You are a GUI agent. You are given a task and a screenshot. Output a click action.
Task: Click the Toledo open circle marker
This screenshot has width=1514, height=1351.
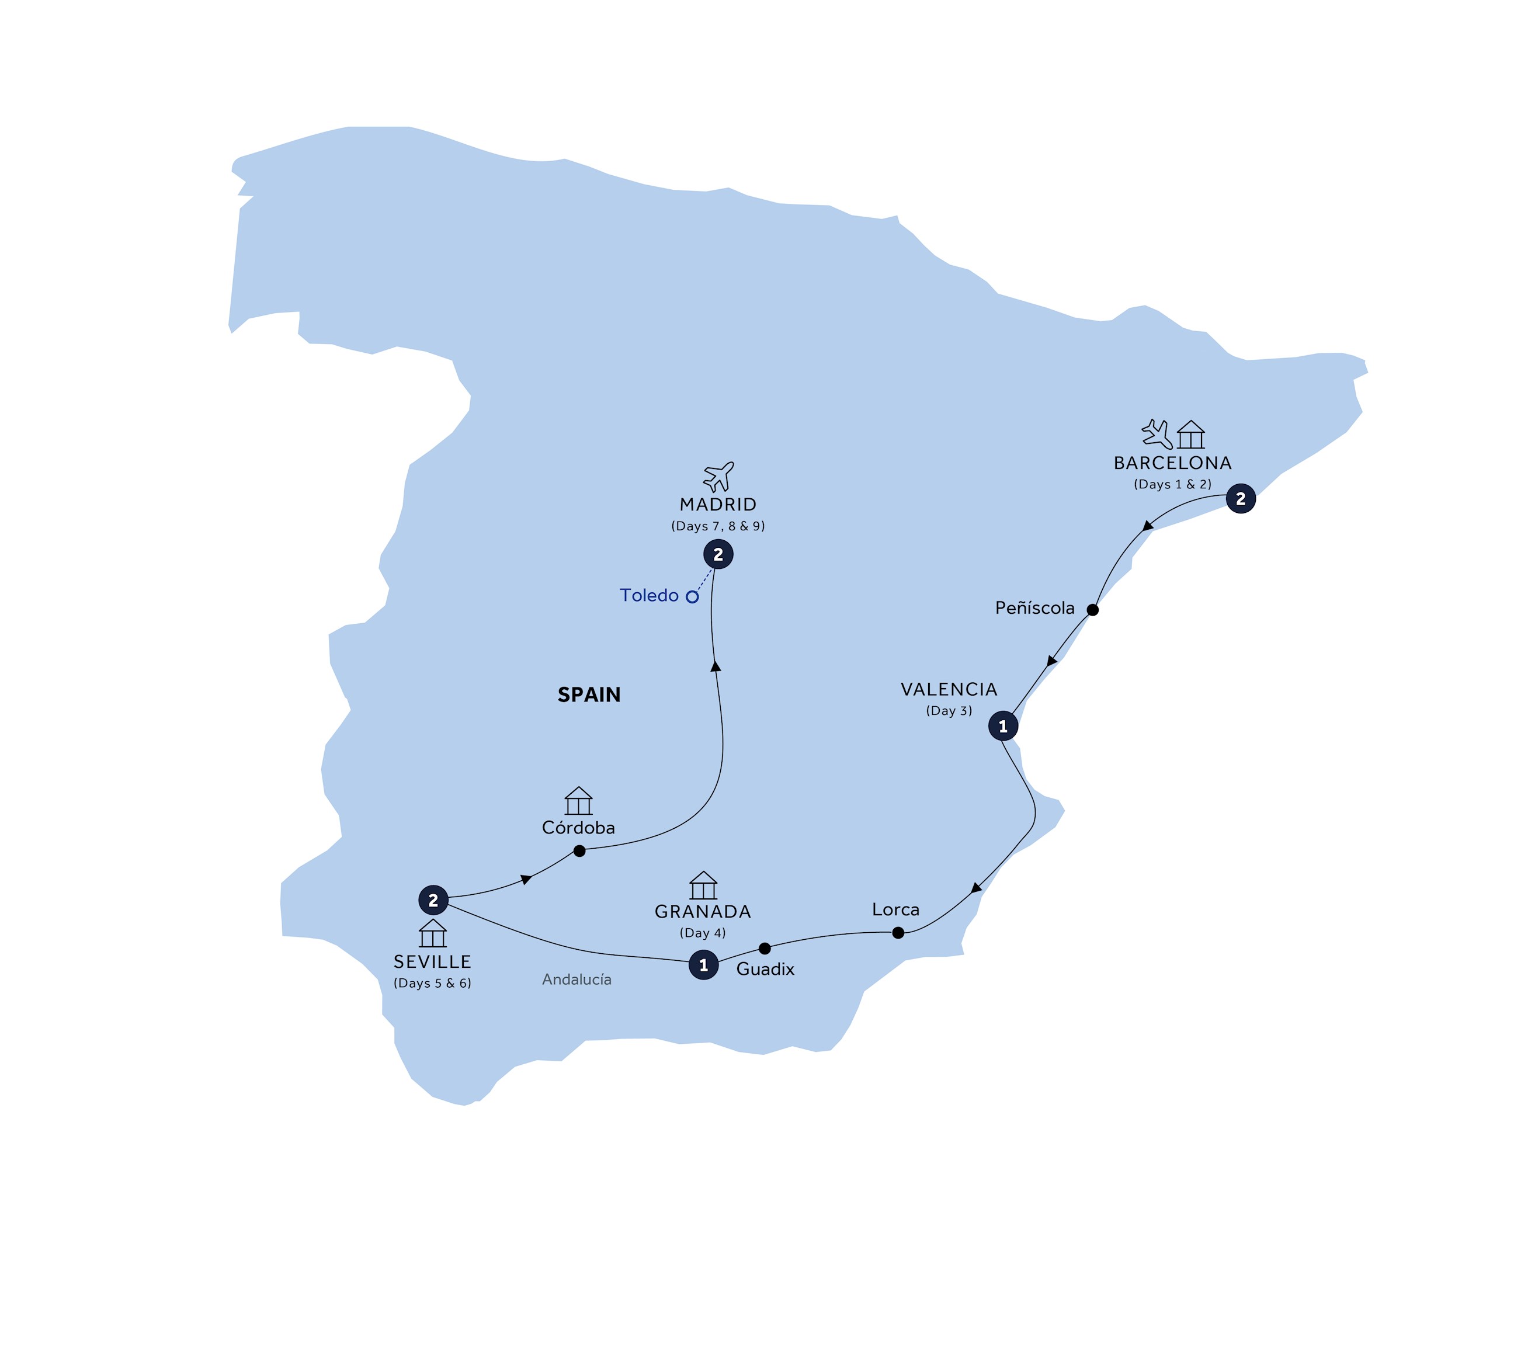pos(692,597)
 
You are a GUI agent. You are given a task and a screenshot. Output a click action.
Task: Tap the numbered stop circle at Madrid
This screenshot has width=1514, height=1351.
pos(718,554)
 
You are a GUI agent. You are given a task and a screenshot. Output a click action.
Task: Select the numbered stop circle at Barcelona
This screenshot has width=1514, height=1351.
pos(1240,499)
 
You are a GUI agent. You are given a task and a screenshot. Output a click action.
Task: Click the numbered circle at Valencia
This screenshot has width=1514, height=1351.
pos(1003,726)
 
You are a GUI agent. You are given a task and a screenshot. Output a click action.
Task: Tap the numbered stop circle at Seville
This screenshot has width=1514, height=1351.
pos(433,901)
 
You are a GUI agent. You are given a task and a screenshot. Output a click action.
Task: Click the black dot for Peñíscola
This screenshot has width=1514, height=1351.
pos(1092,610)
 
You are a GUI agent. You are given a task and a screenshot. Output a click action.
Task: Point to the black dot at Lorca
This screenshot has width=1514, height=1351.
pos(897,933)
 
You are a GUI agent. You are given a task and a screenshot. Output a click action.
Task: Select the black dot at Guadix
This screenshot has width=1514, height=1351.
pos(765,949)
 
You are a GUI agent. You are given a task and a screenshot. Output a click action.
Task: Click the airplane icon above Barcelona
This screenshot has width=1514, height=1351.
pos(1157,434)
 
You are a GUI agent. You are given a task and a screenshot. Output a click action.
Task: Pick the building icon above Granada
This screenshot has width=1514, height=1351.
pos(703,885)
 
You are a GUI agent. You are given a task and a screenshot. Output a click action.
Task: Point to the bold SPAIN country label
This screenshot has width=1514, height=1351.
pos(589,695)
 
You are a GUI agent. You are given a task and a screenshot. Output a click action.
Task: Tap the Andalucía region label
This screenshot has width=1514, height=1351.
pos(577,980)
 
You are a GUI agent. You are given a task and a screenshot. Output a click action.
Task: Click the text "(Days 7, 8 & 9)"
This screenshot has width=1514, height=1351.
pos(718,526)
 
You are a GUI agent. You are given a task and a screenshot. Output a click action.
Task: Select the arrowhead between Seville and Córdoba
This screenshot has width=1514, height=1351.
pos(526,880)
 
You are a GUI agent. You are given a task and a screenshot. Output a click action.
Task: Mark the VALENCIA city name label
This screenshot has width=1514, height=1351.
pos(949,690)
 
